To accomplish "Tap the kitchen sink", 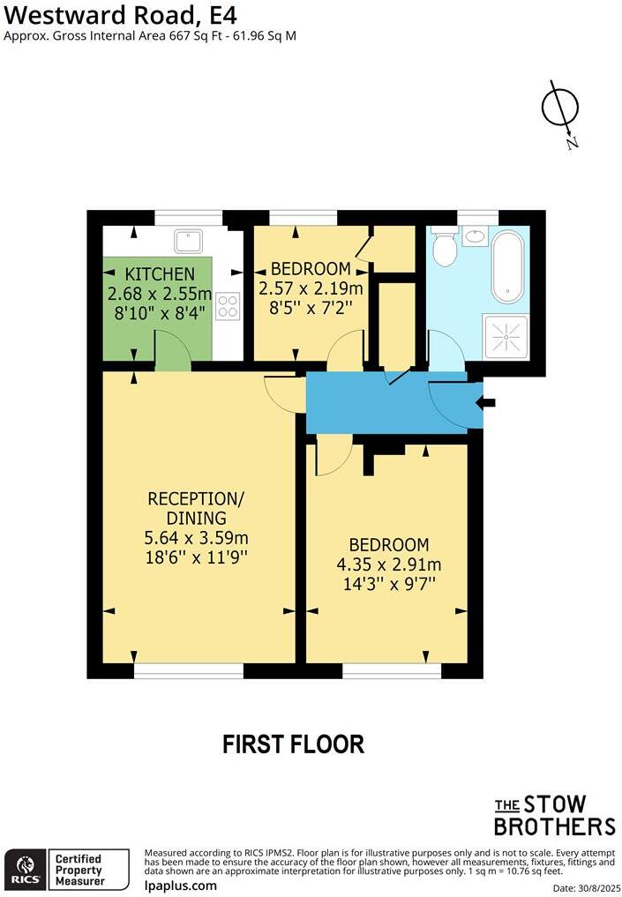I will (188, 241).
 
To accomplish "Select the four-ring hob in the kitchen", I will (229, 305).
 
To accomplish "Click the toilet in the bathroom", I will (444, 247).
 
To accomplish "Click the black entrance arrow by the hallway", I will (485, 403).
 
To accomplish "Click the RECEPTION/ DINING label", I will (196, 508).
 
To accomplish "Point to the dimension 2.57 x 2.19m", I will (311, 288).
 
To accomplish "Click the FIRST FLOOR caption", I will (293, 744).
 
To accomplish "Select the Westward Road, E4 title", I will (121, 15).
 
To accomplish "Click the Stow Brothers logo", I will (553, 815).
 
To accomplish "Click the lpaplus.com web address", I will (180, 885).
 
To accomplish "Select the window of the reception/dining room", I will (188, 671).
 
